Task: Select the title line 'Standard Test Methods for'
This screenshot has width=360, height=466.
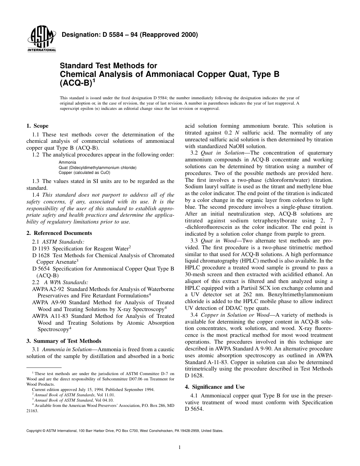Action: tap(108, 66)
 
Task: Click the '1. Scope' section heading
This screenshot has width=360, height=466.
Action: tap(37, 126)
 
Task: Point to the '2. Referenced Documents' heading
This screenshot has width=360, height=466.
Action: tap(59, 233)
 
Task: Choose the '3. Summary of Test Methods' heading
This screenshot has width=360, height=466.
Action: tap(64, 341)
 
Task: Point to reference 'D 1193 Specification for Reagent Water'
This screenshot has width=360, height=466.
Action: tap(81, 248)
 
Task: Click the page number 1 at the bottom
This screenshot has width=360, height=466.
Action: tap(180, 447)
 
